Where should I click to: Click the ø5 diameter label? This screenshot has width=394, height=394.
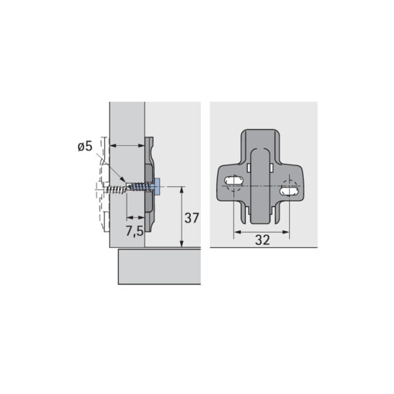[85, 147]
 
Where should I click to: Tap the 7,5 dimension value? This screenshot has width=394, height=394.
[134, 231]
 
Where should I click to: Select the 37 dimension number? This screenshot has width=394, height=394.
[192, 218]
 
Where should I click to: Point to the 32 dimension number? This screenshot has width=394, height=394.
[263, 240]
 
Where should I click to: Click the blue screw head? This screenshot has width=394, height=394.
[157, 186]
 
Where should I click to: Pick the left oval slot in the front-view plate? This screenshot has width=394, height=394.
[234, 180]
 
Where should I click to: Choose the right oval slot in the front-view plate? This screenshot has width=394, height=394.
[289, 192]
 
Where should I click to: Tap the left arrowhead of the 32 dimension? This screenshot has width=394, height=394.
[237, 232]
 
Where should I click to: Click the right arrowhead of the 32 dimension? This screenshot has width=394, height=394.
[286, 232]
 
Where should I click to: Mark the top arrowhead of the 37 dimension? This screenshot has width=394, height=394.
[182, 190]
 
